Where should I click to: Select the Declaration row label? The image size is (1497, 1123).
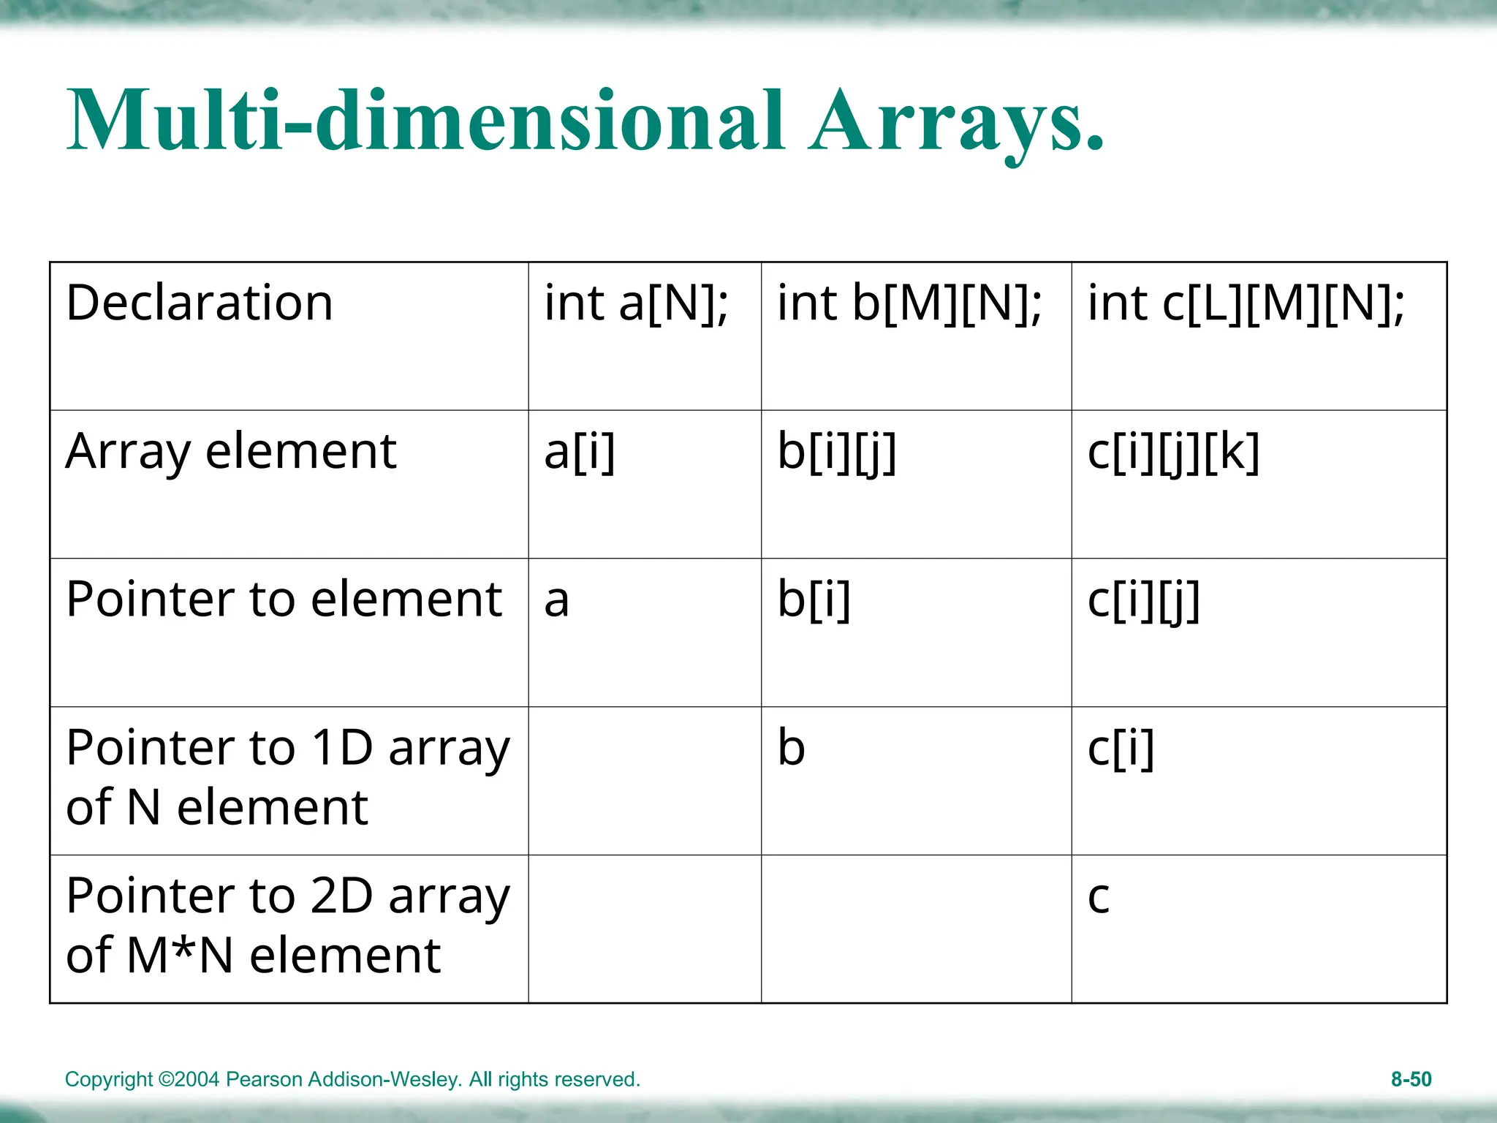[x=200, y=303]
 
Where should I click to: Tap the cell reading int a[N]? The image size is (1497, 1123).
[x=636, y=303]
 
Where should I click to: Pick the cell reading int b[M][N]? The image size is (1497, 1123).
[x=909, y=303]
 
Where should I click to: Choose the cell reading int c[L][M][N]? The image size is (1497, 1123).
[x=1246, y=303]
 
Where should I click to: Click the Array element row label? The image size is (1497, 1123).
[x=231, y=452]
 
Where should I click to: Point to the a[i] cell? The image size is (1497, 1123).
[x=580, y=452]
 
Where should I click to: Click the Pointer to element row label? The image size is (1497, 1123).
[x=284, y=600]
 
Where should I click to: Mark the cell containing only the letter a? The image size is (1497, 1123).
[x=556, y=601]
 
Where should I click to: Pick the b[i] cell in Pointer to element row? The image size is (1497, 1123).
[x=814, y=600]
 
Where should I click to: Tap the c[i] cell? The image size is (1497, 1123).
[x=1121, y=749]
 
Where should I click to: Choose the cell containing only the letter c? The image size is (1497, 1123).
[x=1099, y=898]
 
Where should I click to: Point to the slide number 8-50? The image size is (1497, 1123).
[x=1411, y=1079]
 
